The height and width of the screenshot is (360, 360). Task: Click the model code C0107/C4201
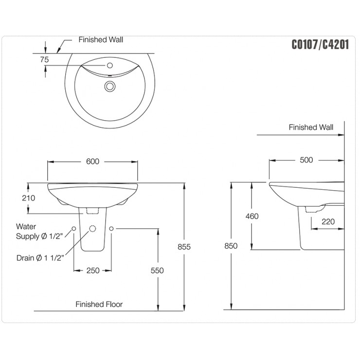tap(320, 44)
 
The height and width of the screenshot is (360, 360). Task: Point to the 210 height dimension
tap(30, 198)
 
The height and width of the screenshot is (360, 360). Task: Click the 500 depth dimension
tap(306, 160)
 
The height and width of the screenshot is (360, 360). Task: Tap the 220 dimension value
tap(328, 221)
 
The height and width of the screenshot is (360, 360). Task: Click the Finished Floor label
tap(99, 304)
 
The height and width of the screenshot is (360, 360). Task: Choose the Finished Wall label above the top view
tap(101, 39)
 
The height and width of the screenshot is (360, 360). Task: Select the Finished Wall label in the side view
tap(311, 127)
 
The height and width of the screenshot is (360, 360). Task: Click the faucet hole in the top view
tap(109, 65)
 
